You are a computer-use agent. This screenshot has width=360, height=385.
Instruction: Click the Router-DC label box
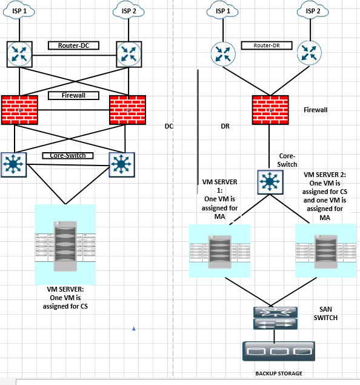tap(73, 45)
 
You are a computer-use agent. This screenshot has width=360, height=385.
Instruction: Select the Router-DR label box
tap(267, 45)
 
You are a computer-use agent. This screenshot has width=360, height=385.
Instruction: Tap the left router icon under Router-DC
tap(19, 54)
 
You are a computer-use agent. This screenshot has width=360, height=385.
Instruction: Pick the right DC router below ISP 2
tap(129, 54)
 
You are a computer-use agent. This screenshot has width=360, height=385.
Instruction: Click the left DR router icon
tap(223, 54)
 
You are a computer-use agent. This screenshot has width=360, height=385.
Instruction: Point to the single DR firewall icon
tap(270, 110)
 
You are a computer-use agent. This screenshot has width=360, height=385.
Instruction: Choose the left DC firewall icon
tap(19, 110)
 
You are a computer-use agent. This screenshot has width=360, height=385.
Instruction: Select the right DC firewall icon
tap(128, 110)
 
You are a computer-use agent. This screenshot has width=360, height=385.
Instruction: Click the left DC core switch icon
tap(14, 164)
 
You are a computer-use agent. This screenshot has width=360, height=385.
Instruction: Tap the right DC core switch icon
tap(122, 164)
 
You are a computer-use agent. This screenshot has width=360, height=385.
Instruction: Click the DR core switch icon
tap(270, 182)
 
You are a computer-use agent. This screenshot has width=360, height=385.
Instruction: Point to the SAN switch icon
tap(275, 318)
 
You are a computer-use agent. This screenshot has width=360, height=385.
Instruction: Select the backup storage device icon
tap(279, 351)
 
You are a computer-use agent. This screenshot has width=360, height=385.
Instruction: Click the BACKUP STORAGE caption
tap(279, 373)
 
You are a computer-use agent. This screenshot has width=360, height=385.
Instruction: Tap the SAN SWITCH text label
tap(325, 313)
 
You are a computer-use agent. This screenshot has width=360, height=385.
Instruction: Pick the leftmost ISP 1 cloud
tap(19, 10)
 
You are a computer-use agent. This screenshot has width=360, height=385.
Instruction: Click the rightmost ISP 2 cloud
tap(313, 10)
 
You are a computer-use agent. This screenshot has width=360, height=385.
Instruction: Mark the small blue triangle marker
tap(134, 329)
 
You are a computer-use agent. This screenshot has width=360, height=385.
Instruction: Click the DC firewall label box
tap(73, 95)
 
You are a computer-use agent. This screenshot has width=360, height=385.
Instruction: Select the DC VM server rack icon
tap(65, 244)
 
